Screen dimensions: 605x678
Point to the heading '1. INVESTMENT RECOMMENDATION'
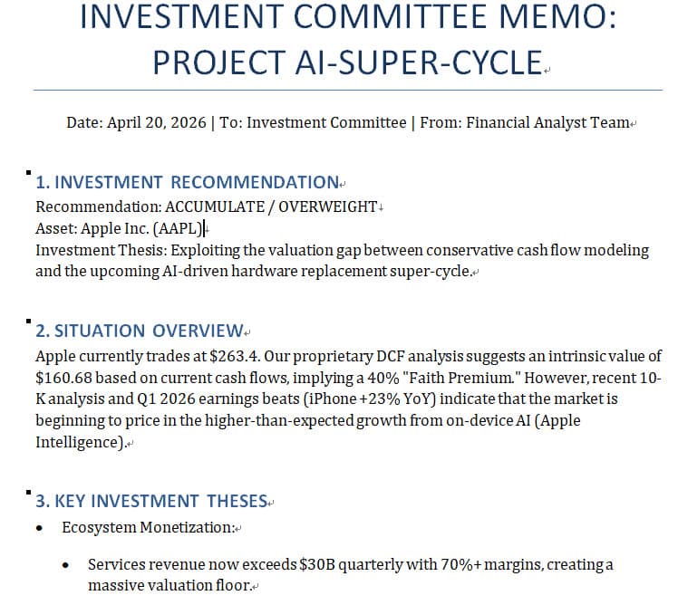point(187,182)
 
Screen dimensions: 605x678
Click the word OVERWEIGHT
point(326,206)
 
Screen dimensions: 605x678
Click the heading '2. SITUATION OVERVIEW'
point(140,331)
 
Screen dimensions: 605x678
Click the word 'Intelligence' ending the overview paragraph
point(77,442)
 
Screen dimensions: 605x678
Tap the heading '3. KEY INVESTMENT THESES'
point(151,501)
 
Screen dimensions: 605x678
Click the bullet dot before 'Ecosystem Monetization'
point(40,527)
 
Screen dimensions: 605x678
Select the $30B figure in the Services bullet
point(315,564)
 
